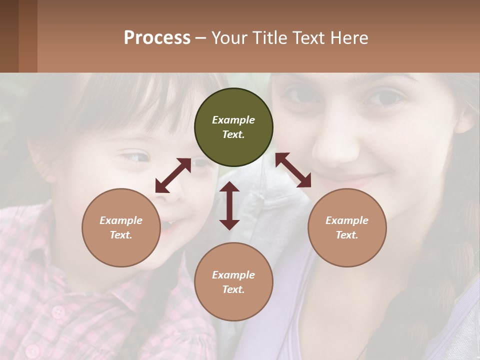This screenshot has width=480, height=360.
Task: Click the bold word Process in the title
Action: pyautogui.click(x=157, y=38)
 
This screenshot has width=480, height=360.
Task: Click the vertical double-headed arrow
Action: pyautogui.click(x=229, y=205)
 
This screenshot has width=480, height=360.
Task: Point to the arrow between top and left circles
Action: pyautogui.click(x=173, y=175)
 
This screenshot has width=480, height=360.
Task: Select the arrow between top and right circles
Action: pyautogui.click(x=293, y=170)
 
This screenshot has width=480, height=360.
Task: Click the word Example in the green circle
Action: pyautogui.click(x=233, y=120)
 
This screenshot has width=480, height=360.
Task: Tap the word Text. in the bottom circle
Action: pyautogui.click(x=233, y=289)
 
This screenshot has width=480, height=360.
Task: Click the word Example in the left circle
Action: pyautogui.click(x=121, y=220)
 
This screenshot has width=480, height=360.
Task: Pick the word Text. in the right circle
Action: pyautogui.click(x=347, y=235)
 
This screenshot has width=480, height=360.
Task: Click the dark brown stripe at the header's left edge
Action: pyautogui.click(x=9, y=36)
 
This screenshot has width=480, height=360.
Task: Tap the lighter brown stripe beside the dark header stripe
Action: pyautogui.click(x=28, y=36)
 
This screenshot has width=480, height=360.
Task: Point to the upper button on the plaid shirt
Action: pyautogui.click(x=58, y=311)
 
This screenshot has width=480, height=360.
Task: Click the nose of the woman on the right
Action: pyautogui.click(x=336, y=150)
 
